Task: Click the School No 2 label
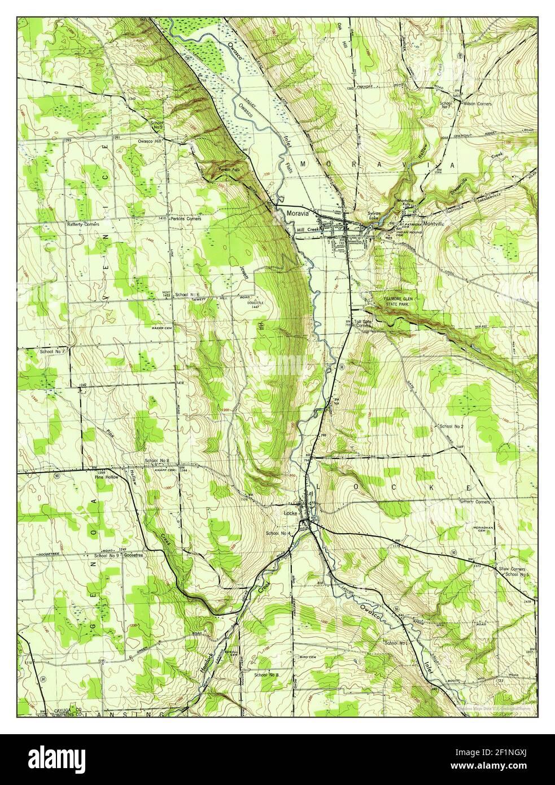tap(451, 426)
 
